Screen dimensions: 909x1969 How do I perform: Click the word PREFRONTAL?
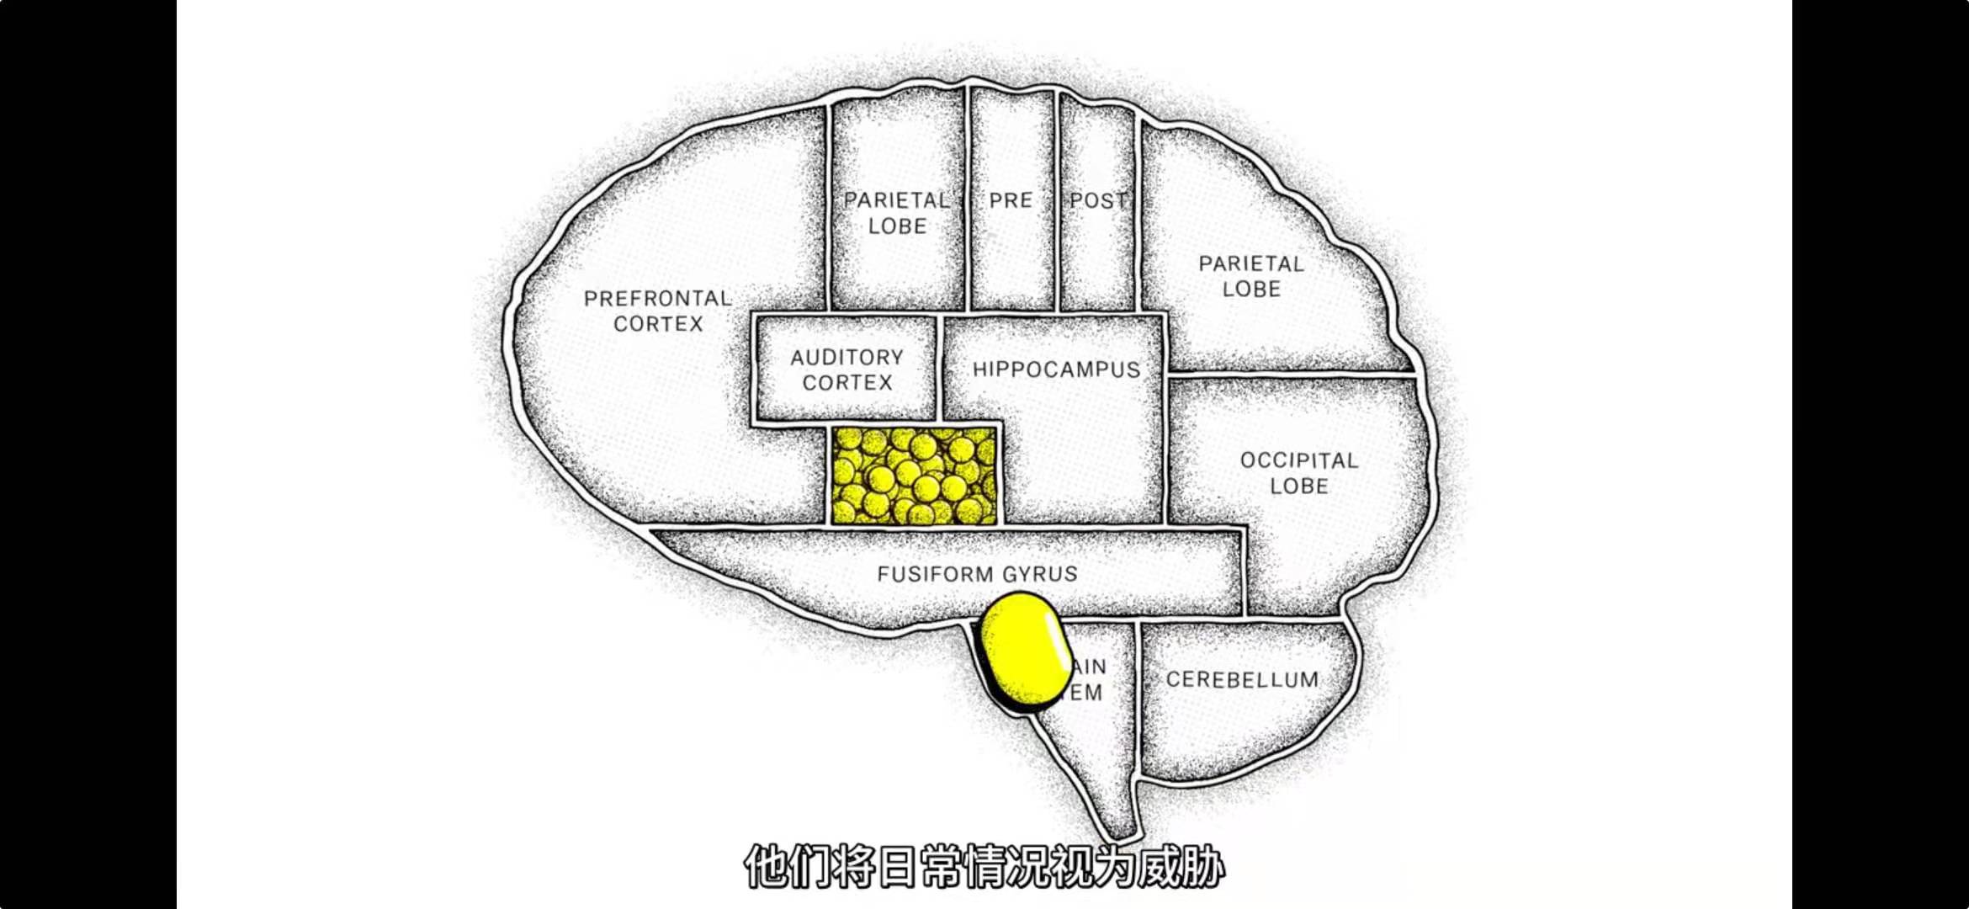tap(657, 299)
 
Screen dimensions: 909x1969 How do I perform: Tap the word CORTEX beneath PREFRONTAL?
tap(658, 324)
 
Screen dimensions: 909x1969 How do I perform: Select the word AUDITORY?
tap(847, 358)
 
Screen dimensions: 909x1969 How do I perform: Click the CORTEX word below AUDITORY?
tap(847, 383)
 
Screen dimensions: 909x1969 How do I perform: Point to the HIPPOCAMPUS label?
tap(1056, 369)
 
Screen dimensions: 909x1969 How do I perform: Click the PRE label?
tap(1011, 200)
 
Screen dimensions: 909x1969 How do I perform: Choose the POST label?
tap(1097, 200)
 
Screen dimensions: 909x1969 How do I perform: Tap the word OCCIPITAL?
tap(1298, 460)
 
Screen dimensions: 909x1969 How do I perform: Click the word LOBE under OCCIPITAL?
tap(1298, 486)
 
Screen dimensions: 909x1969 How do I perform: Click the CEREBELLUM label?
tap(1242, 679)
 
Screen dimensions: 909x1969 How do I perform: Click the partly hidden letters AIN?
tap(1090, 667)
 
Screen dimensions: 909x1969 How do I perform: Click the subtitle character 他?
tap(766, 867)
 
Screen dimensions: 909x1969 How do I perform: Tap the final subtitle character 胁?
tap(1202, 867)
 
